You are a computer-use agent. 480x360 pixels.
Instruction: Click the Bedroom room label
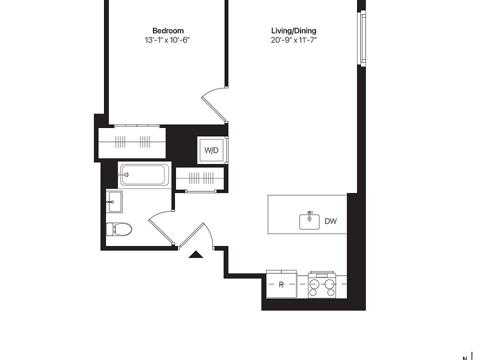(168, 30)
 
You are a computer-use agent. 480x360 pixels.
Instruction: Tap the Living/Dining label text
(293, 30)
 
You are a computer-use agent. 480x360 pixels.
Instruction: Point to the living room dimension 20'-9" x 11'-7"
(293, 40)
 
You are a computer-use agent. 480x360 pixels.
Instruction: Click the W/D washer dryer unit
(211, 150)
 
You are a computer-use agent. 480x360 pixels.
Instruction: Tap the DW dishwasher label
(330, 221)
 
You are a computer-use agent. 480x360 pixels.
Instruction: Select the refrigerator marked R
(281, 284)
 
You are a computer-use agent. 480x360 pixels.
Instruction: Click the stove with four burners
(321, 284)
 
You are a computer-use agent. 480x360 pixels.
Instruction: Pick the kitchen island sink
(309, 221)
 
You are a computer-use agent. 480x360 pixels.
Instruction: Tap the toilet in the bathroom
(119, 229)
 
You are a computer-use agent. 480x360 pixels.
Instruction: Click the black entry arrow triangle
(196, 254)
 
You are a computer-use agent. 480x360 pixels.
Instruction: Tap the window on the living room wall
(363, 38)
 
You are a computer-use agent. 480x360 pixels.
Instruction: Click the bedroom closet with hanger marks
(132, 142)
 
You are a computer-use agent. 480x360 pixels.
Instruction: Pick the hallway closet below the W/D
(200, 178)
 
